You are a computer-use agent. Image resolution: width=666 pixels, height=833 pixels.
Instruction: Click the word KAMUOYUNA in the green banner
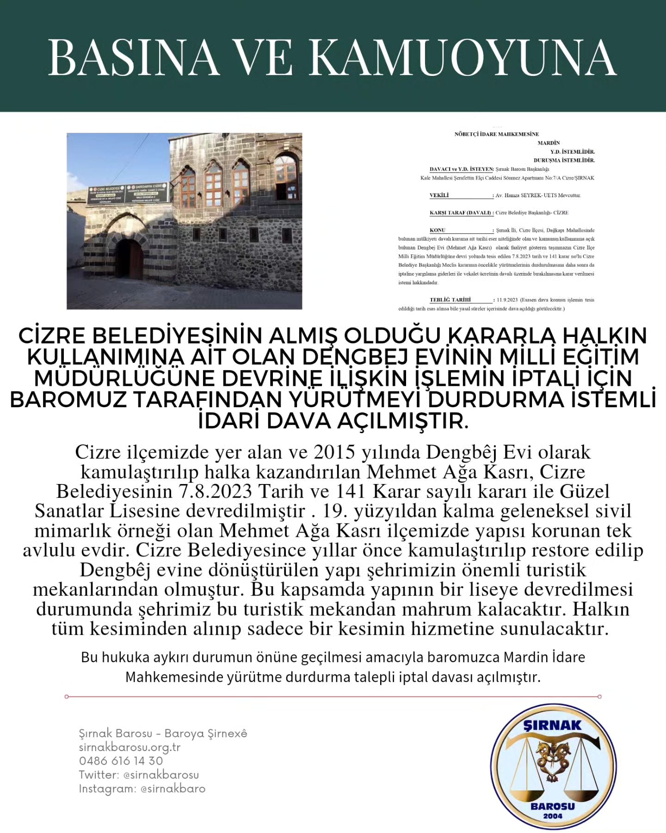point(462,57)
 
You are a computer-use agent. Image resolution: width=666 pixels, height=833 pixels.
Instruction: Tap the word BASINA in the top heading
point(134,57)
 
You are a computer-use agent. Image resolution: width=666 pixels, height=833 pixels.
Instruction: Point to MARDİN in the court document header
point(549,143)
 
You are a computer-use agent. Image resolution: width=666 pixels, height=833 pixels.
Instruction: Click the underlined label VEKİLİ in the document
point(439,195)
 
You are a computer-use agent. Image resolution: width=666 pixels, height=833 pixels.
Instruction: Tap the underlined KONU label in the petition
point(438,230)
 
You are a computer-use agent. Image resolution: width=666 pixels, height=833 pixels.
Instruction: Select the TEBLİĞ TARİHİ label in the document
point(450,300)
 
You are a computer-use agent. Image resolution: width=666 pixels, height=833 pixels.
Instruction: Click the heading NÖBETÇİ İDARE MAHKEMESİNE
point(496,134)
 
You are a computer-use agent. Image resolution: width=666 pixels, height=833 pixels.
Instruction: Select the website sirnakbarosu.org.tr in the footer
point(129,747)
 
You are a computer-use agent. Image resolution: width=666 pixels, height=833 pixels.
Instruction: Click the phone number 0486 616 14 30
point(121,761)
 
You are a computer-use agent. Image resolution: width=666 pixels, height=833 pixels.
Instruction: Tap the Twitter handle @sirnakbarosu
point(161,775)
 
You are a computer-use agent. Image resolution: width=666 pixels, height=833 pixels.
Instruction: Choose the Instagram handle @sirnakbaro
point(173,789)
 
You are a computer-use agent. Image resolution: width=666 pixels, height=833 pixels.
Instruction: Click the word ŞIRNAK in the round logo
point(552,725)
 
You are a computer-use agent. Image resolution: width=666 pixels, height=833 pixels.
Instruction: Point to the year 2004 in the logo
point(553,815)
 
